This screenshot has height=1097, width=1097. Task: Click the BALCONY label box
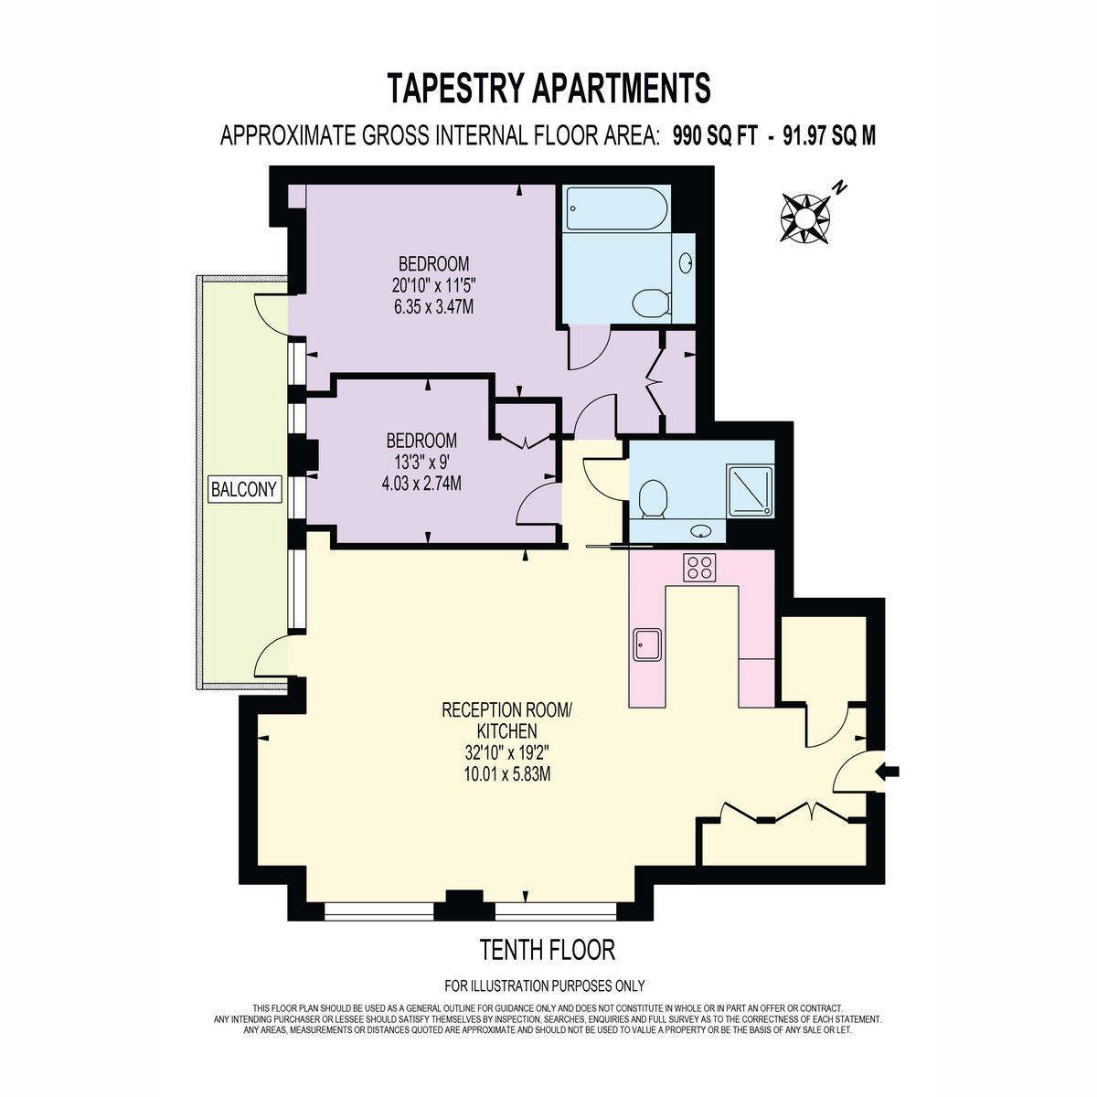(245, 489)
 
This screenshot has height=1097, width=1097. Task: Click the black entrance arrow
(888, 772)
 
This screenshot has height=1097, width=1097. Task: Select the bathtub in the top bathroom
(616, 209)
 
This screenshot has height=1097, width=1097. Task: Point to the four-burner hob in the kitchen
(699, 567)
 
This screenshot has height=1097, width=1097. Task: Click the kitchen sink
(647, 645)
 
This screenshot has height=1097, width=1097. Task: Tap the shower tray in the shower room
(751, 491)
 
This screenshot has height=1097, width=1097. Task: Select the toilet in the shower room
(653, 499)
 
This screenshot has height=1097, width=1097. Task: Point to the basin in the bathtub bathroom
(686, 262)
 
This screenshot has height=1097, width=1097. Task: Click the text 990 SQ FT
(715, 136)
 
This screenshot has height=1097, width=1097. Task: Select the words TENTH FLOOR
(547, 950)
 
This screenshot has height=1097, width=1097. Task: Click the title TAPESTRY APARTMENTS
(548, 89)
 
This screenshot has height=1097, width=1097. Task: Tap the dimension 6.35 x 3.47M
(434, 307)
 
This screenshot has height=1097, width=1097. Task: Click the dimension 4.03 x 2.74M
(421, 484)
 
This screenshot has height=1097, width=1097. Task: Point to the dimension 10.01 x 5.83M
(507, 774)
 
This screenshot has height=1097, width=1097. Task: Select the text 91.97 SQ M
(829, 136)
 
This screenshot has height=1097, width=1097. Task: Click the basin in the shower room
(701, 532)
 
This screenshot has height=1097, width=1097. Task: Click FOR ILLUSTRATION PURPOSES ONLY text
(545, 985)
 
